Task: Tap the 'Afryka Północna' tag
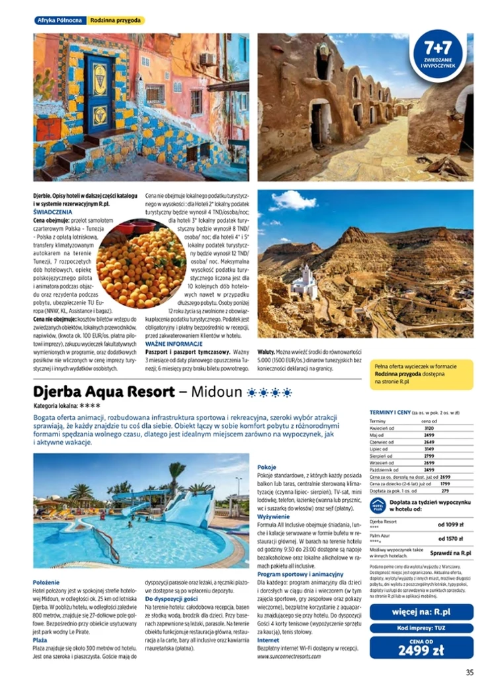coord(59,20)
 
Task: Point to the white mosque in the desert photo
coord(305,282)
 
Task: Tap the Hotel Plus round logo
coord(378,505)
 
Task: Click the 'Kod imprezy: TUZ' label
coord(421,627)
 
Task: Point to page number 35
coord(469,673)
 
